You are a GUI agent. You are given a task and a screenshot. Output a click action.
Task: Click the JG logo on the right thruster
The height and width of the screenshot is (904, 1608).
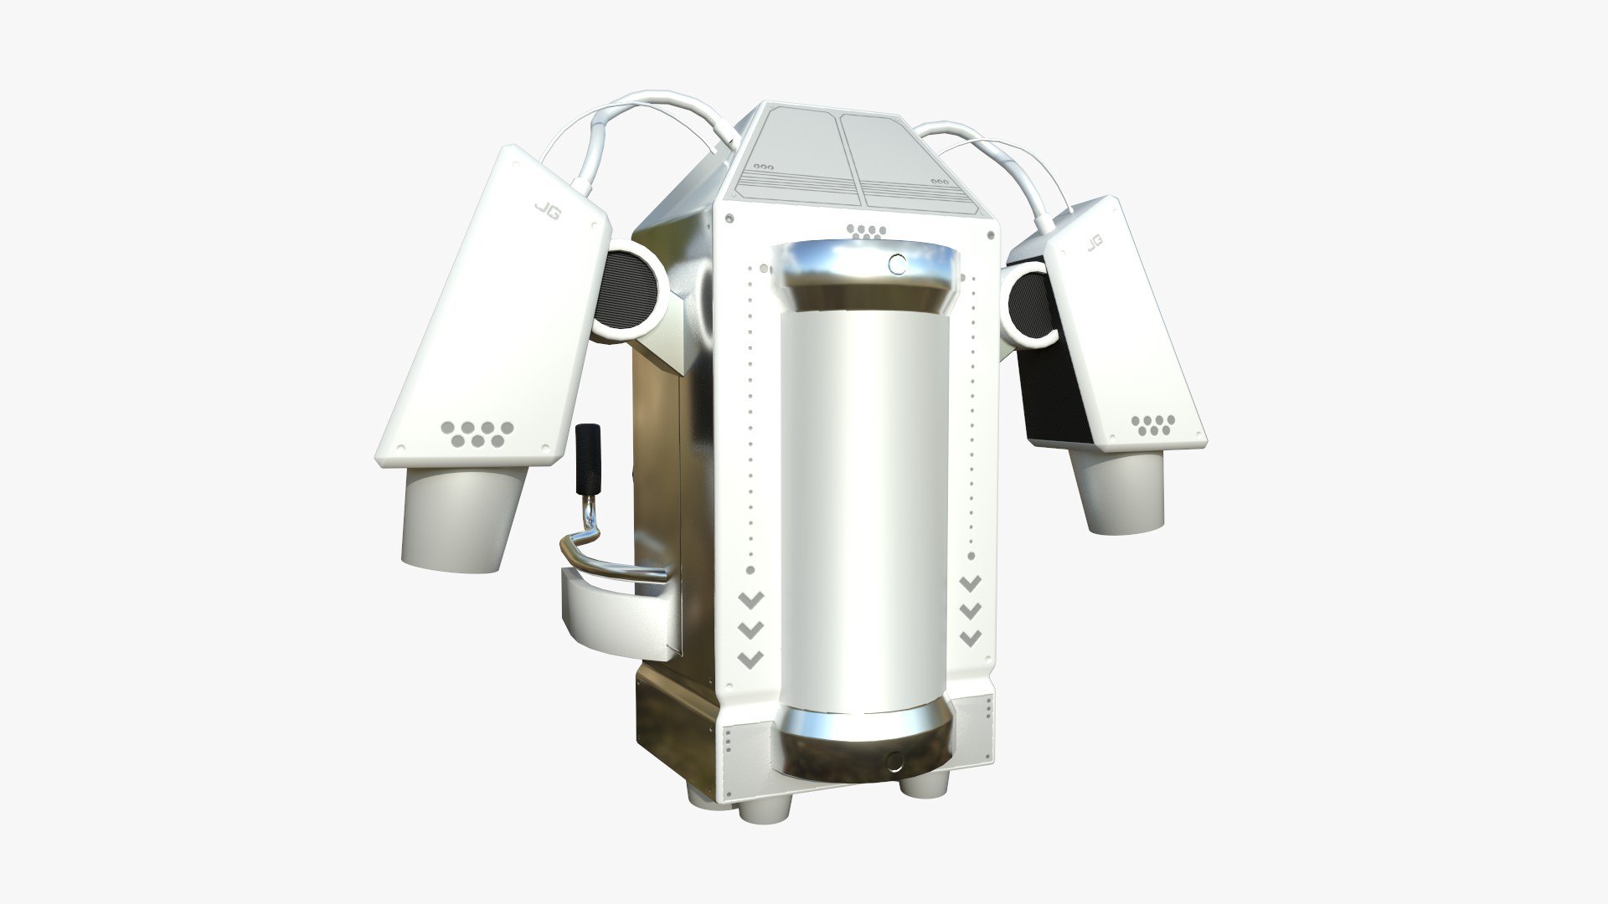pos(1094,243)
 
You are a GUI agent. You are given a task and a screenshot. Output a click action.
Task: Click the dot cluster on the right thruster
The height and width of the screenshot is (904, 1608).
pos(1154,425)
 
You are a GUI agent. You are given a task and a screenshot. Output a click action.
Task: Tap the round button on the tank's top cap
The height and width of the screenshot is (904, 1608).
pos(897,265)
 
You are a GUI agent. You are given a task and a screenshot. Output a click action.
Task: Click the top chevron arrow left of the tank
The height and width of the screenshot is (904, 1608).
pos(750,599)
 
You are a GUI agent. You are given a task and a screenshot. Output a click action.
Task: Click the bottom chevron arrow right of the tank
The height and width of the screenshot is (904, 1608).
pos(970,638)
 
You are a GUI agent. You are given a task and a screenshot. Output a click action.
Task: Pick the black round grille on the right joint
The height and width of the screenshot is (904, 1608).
pos(1028,307)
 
